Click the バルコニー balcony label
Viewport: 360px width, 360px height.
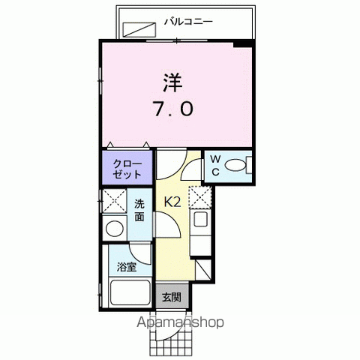click(188, 21)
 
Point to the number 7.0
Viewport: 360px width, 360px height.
click(174, 109)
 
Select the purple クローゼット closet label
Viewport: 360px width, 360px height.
click(127, 168)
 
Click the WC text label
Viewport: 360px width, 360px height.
click(214, 165)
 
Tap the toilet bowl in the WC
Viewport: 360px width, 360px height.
click(236, 166)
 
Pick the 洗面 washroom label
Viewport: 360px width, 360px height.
click(139, 209)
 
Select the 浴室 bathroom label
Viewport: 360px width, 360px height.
click(126, 266)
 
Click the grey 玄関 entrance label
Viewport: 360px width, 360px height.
click(171, 296)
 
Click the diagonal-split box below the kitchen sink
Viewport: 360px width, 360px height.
click(204, 268)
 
